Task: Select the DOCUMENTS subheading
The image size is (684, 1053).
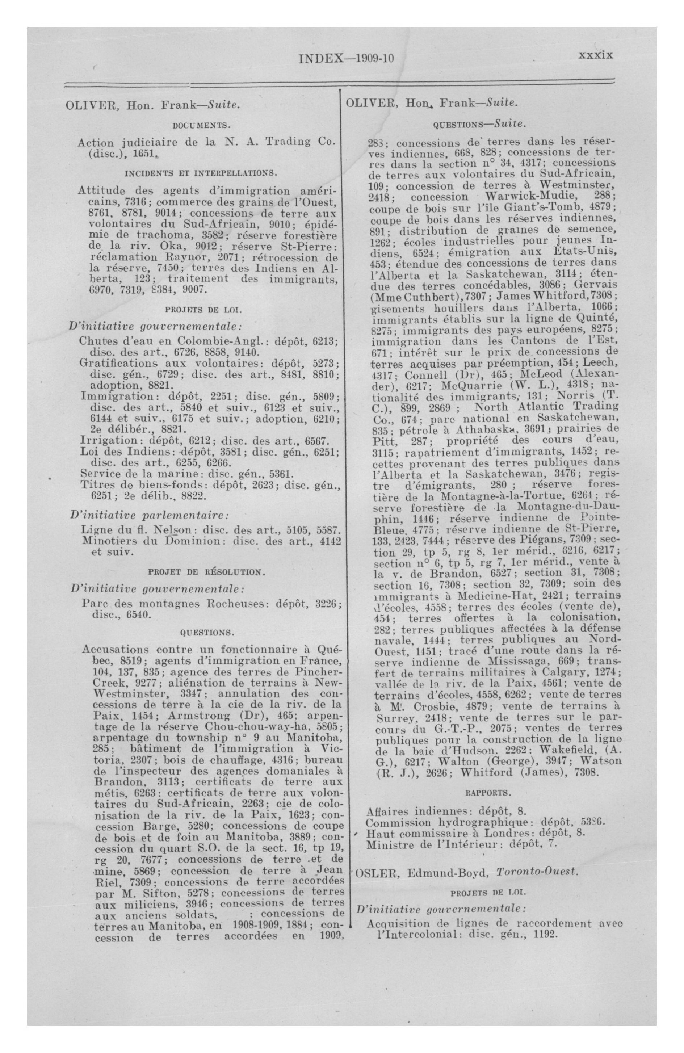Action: (201, 126)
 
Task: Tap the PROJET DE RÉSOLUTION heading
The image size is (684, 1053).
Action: (206, 572)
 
